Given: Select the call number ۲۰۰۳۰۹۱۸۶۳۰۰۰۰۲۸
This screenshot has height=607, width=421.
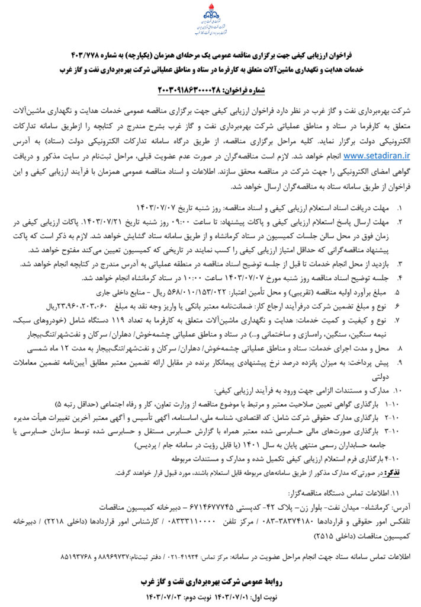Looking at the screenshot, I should (x=189, y=89).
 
